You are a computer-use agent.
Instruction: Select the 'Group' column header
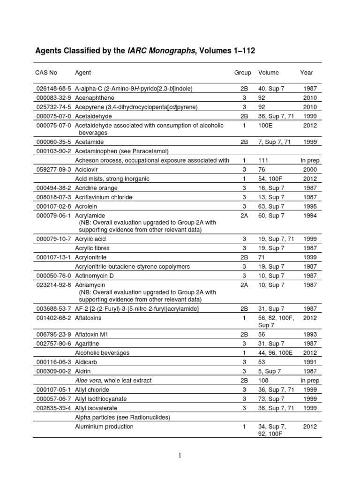tap(242, 73)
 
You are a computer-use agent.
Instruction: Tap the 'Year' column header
tap(306, 73)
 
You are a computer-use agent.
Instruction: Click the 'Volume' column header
tap(268, 73)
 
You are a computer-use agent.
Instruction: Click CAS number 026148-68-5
tap(53, 89)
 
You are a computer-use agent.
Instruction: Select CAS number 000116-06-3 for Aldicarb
tap(53, 362)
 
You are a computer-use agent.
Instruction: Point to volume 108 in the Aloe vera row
tap(263, 380)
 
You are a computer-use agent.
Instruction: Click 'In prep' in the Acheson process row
tap(308, 160)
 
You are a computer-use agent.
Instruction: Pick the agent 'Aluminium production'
tap(104, 427)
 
